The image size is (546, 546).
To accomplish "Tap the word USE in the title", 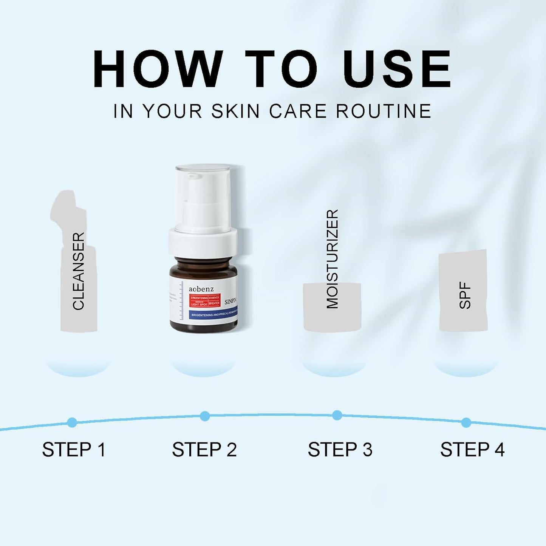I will point(397,69).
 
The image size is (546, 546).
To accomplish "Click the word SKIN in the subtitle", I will point(235,111).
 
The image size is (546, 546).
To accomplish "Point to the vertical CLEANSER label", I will point(79,271).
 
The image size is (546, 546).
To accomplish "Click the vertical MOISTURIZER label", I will point(332,259).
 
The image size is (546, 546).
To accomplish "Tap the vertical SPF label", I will point(465,295).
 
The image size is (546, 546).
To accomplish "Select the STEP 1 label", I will point(74,450).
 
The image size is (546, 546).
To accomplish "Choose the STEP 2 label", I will point(204,450).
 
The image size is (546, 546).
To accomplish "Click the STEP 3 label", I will point(340,450).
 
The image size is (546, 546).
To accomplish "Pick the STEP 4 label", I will point(472,450).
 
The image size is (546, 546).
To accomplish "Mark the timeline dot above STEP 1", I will point(72,422).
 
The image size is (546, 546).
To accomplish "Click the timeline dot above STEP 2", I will point(204,416).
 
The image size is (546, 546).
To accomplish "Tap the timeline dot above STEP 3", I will point(337,415).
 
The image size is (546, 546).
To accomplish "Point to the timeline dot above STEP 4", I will point(466,422).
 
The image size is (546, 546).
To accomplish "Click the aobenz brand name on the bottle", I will point(201,289).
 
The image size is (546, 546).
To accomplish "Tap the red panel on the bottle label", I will point(204,301).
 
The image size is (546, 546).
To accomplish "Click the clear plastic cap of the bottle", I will point(203,189).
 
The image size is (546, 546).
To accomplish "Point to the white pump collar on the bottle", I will point(203,242).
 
